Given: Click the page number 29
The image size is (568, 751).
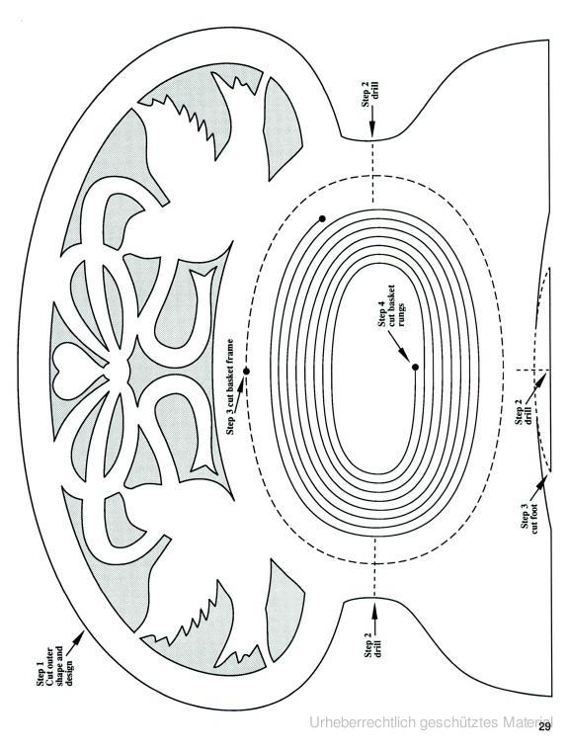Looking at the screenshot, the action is pos(544,740).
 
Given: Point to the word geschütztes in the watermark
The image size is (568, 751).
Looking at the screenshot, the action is pos(459,722).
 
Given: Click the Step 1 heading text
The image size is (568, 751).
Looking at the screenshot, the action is pos(41,674).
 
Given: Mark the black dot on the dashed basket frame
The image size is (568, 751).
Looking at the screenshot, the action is pos(246,372).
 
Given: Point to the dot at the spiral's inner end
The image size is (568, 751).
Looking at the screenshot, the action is pos(415,368).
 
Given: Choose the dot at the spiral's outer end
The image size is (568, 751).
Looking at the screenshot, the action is pos(322,219).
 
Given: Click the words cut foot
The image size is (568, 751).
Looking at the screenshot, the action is pos(534,518).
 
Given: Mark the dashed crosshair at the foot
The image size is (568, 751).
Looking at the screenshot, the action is pos(532,370).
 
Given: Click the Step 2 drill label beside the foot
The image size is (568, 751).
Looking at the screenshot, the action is pos(523,416).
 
